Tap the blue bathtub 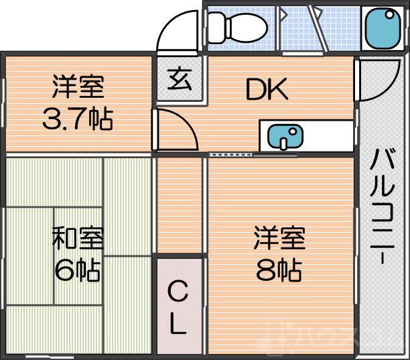pyautogui.click(x=382, y=28)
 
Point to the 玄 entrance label pyautogui.click(x=180, y=80)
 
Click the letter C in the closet pyautogui.click(x=178, y=292)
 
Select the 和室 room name pyautogui.click(x=78, y=239)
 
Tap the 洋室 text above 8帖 pyautogui.click(x=279, y=239)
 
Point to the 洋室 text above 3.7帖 pyautogui.click(x=78, y=88)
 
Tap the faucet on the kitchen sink pyautogui.click(x=284, y=142)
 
